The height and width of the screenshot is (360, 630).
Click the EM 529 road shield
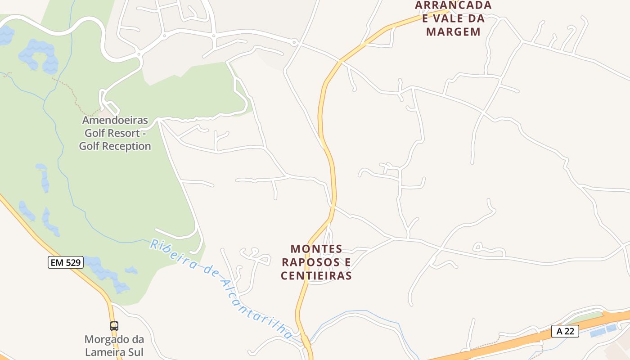(x=66, y=262)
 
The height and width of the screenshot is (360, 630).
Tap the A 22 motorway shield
(x=565, y=331)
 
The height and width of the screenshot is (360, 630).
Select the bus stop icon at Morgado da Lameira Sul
(x=114, y=326)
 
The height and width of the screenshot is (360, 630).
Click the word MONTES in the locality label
(x=316, y=249)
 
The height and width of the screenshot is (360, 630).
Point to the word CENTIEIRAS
(x=316, y=275)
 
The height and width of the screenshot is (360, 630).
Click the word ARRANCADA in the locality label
(x=453, y=5)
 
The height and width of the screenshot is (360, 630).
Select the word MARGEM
(x=453, y=32)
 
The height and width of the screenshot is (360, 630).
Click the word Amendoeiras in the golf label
(x=115, y=121)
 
